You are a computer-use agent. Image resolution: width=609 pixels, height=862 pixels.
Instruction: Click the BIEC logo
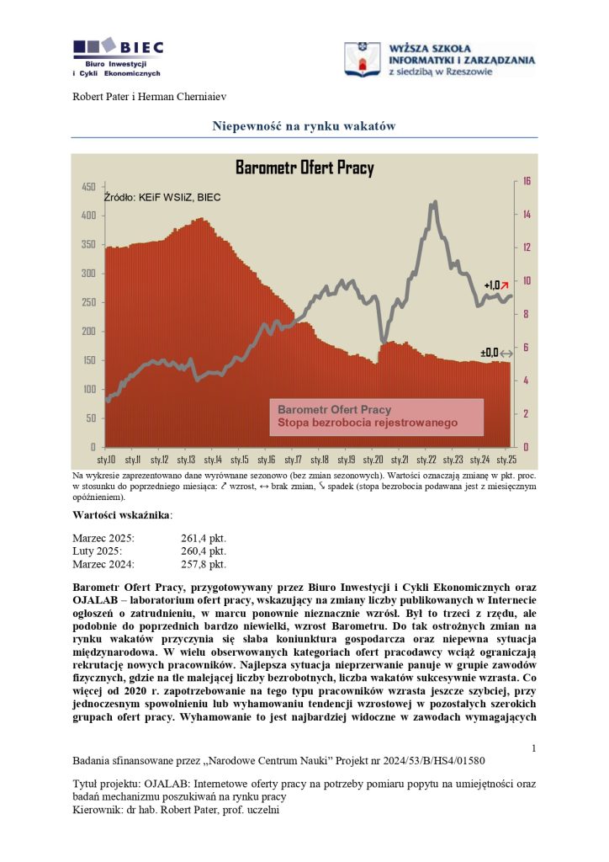click(x=118, y=57)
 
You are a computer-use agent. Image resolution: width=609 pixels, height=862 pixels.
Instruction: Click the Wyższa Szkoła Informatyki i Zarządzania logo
click(x=440, y=60)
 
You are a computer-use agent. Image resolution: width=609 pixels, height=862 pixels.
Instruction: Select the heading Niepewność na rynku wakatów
click(x=304, y=126)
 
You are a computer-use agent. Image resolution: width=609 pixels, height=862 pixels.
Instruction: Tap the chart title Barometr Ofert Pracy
click(x=304, y=168)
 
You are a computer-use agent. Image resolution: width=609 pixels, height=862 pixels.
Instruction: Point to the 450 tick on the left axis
click(x=88, y=186)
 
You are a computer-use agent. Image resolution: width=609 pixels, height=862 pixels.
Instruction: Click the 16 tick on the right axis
click(x=526, y=181)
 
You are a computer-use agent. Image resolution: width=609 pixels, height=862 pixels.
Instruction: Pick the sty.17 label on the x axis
click(x=293, y=460)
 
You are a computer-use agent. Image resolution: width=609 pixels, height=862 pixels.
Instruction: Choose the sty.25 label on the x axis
click(x=506, y=460)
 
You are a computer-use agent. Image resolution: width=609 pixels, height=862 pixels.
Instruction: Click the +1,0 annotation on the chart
click(x=492, y=285)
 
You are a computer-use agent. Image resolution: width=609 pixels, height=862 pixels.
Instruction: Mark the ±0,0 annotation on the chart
click(x=490, y=353)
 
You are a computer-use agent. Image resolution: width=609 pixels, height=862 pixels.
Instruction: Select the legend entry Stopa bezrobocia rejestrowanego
click(x=368, y=423)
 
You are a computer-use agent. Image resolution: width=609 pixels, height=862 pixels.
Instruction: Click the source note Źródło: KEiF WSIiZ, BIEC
click(x=162, y=197)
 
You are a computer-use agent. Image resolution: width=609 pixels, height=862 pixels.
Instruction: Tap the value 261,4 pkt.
click(x=204, y=538)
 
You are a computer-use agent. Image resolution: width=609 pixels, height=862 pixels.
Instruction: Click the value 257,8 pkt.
click(x=204, y=564)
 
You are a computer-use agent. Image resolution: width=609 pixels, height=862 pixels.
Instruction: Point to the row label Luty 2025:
click(x=98, y=551)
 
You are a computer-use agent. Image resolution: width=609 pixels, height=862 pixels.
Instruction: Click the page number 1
click(x=534, y=748)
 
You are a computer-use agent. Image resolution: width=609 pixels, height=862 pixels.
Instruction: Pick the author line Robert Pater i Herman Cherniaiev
click(x=150, y=97)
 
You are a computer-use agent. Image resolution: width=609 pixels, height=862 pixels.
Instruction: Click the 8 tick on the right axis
click(x=526, y=314)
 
